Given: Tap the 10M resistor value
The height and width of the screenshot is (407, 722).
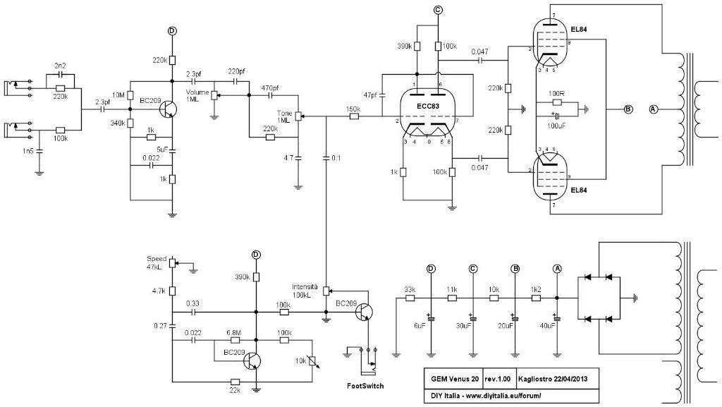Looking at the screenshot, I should tap(118, 95).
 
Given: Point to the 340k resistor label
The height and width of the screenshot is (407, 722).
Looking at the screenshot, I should tap(118, 123).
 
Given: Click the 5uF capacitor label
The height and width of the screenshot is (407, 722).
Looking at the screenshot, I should tap(161, 150).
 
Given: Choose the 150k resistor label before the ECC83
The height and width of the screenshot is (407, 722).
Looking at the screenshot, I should tap(353, 109).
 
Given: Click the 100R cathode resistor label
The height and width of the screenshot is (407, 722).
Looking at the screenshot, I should tap(556, 94).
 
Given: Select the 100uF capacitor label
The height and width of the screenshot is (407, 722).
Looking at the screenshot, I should tap(556, 124).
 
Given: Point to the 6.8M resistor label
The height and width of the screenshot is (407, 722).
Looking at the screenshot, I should tap(233, 332).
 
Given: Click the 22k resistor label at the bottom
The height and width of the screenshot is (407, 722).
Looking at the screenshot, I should tap(235, 390).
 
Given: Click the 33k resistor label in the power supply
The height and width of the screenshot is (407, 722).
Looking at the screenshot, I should tap(409, 289).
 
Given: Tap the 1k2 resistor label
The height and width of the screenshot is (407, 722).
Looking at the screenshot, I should tap(537, 289).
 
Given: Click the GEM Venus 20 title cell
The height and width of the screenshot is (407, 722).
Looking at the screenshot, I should tap(452, 378).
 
